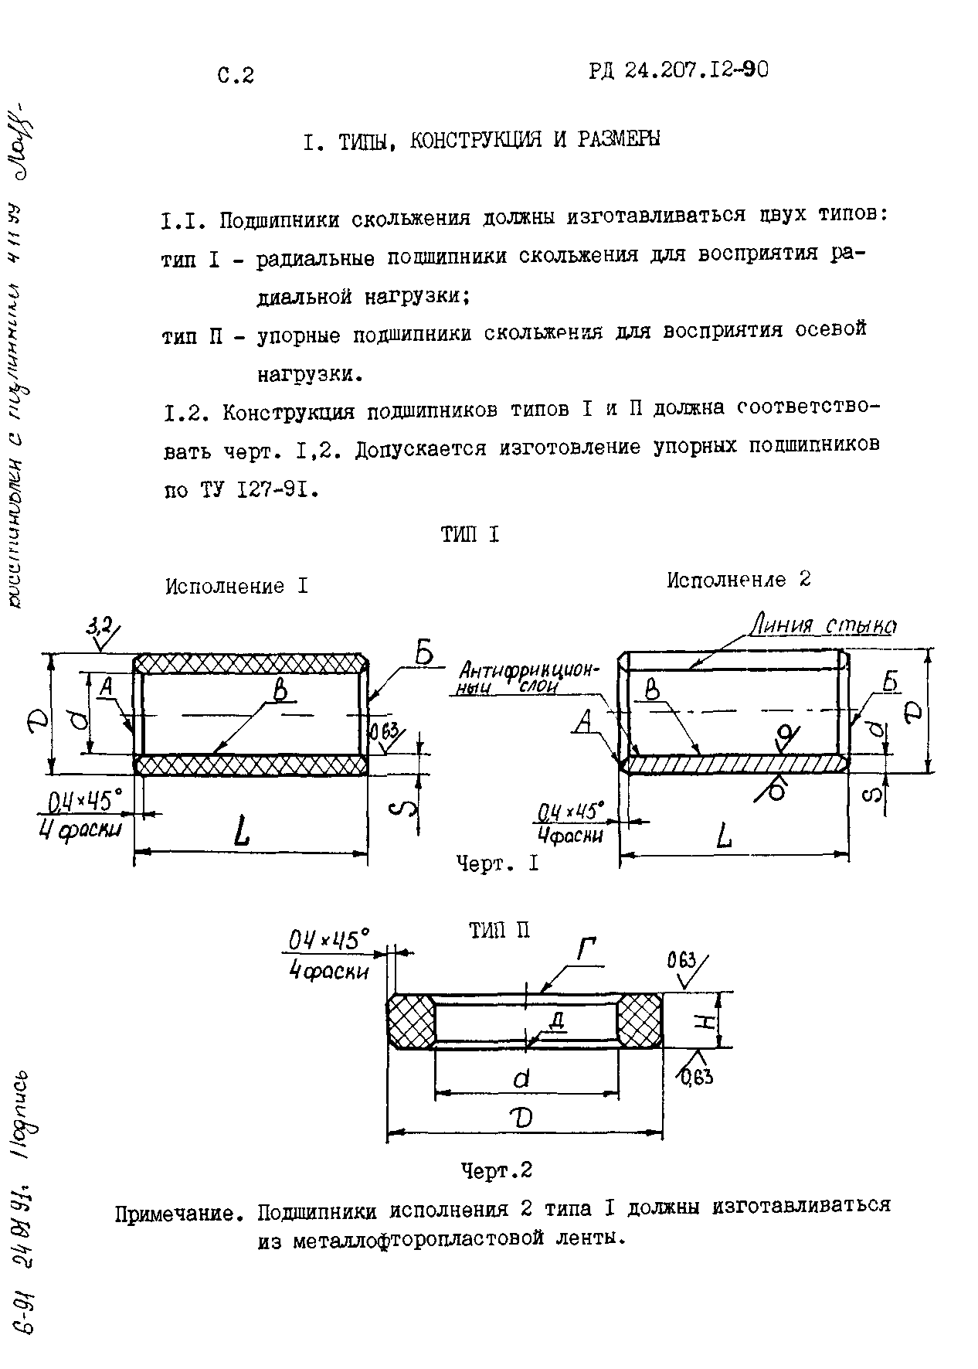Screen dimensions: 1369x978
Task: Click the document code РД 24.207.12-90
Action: (x=678, y=71)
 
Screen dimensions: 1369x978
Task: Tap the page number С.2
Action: (x=236, y=75)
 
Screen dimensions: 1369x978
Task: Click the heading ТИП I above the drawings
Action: (x=470, y=534)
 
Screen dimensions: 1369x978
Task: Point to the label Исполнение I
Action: (x=236, y=586)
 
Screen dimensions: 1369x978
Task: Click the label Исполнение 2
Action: (x=739, y=580)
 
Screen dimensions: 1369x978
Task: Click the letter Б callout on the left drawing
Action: (x=424, y=656)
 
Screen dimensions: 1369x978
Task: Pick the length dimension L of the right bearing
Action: (x=725, y=836)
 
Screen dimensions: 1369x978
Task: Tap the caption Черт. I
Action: (x=497, y=863)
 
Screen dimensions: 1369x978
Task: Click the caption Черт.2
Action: (x=497, y=1170)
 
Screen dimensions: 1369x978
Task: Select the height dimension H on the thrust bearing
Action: (x=704, y=1023)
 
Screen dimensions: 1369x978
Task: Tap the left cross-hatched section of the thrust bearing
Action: (x=410, y=1021)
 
